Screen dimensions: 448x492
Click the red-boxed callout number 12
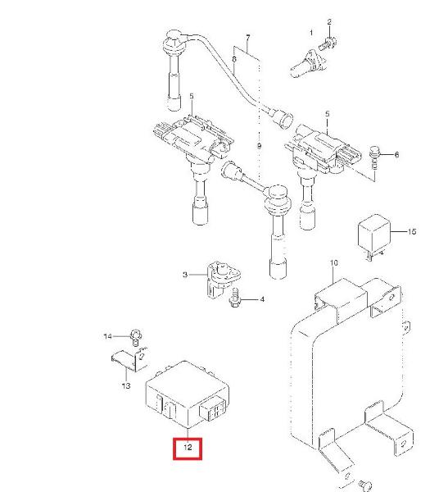coord(188,447)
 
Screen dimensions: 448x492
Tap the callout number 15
coord(412,231)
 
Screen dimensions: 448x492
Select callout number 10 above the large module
coord(334,262)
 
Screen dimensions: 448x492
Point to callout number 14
coord(107,336)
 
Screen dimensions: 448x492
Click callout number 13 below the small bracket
coord(126,385)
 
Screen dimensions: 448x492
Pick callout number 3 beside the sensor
coord(185,275)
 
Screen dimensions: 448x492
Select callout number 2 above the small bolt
coord(329,22)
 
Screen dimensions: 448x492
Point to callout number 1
coord(311,33)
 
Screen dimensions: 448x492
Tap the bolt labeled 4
coord(234,299)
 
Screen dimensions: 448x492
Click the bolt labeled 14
coord(136,336)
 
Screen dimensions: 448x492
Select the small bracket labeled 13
coord(129,360)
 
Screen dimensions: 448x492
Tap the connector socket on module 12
coord(213,409)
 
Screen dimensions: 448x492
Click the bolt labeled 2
coord(328,43)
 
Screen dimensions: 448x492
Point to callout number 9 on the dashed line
coord(259,146)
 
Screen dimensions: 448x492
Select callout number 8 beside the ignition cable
coord(234,59)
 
